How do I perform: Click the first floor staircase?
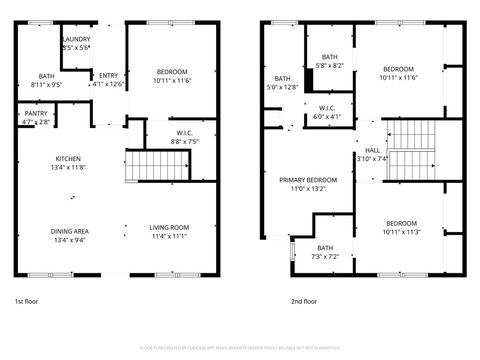click(x=146, y=164)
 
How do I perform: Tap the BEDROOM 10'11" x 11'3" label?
click(x=401, y=227)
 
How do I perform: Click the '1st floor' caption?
click(x=25, y=300)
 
